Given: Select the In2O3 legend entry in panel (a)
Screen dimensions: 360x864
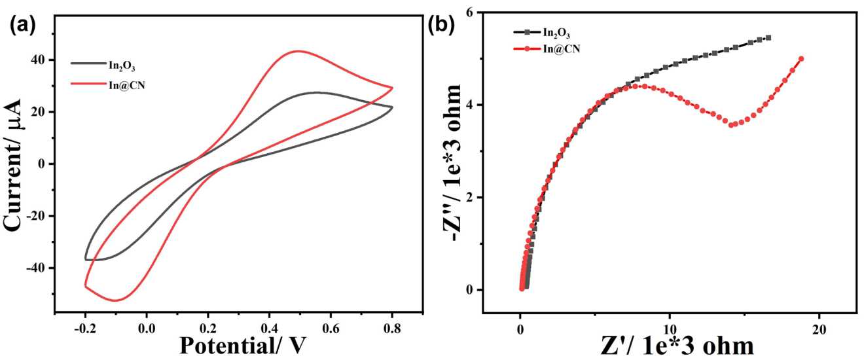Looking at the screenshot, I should click(122, 63).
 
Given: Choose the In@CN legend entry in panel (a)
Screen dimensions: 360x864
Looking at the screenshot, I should click(126, 84).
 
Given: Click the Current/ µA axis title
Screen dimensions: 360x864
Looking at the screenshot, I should click(18, 164).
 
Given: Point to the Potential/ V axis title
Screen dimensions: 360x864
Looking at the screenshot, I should click(240, 343).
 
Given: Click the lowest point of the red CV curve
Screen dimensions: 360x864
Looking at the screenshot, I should click(116, 300).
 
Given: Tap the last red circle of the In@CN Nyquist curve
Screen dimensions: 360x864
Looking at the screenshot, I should click(801, 58).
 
